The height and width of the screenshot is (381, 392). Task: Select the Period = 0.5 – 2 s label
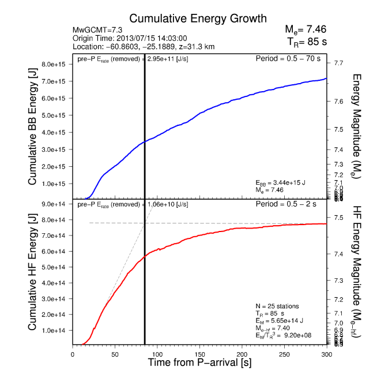pyautogui.click(x=292, y=204)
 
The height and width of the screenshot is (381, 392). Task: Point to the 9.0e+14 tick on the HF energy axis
pyautogui.click(x=57, y=204)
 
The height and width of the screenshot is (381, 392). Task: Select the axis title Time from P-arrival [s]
pyautogui.click(x=199, y=363)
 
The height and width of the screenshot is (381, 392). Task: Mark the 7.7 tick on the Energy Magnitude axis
pyautogui.click(x=338, y=63)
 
